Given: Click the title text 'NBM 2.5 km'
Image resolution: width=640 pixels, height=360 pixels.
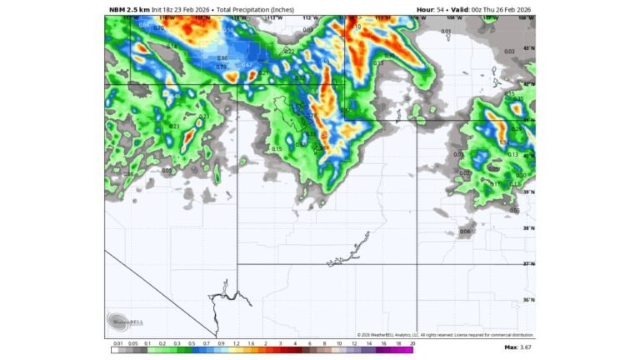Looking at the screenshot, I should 128,9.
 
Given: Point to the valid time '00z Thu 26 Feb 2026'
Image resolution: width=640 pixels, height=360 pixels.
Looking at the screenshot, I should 499,9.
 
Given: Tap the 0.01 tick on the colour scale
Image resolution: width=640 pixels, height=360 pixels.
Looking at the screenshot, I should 117,342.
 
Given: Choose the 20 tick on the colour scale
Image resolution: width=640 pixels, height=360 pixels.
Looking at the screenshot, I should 412,342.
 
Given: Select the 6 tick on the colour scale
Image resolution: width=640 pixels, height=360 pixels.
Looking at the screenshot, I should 309,342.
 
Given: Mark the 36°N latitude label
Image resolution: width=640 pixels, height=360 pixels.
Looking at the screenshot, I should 528,300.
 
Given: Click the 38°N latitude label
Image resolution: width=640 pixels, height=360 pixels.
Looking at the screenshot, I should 528,228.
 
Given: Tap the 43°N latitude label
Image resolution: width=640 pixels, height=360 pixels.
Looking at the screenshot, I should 528,48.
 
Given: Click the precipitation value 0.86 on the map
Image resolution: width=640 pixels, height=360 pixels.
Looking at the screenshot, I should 222,58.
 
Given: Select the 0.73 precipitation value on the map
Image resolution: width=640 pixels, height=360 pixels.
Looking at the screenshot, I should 221,67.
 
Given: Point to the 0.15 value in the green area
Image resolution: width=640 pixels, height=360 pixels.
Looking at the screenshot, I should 277,149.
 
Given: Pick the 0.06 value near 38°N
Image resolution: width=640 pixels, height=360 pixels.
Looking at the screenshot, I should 465,231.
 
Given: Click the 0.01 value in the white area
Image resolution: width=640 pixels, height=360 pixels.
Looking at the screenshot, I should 446,32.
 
